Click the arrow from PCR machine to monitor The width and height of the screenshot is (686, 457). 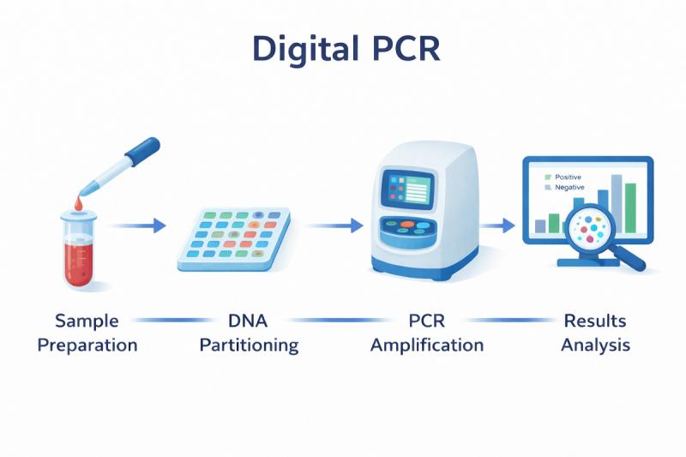coord(498,225)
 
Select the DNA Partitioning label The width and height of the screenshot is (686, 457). coord(249,334)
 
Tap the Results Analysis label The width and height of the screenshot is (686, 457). coord(595,334)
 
